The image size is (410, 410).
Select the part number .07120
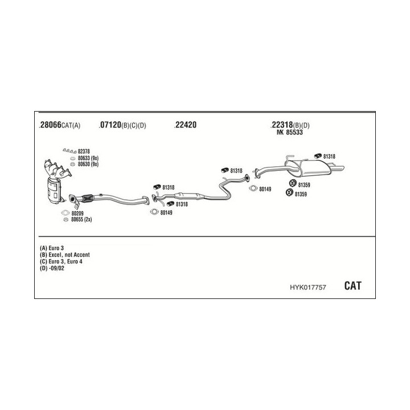pyautogui.click(x=109, y=125)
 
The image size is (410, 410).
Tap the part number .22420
pyautogui.click(x=185, y=125)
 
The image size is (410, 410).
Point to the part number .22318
pyautogui.click(x=281, y=125)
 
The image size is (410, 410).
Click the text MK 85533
pyautogui.click(x=290, y=133)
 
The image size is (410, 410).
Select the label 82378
pyautogui.click(x=84, y=151)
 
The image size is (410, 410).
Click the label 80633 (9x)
pyautogui.click(x=88, y=158)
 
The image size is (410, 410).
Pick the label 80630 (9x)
pyautogui.click(x=88, y=164)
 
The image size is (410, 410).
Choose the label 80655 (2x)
pyautogui.click(x=81, y=220)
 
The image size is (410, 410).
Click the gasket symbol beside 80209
pyautogui.click(x=65, y=213)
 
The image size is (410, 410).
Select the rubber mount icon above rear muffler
pyautogui.click(x=318, y=155)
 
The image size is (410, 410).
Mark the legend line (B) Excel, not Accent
pyautogui.click(x=65, y=255)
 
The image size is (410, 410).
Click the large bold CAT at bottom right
pyautogui.click(x=352, y=286)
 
